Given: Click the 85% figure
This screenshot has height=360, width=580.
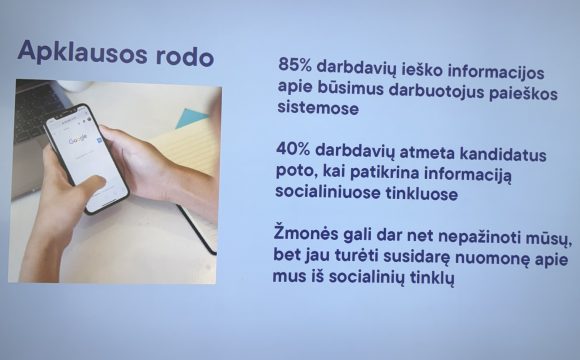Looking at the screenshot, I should point(295,64).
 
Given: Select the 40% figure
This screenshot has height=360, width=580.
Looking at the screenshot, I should point(296,148).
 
